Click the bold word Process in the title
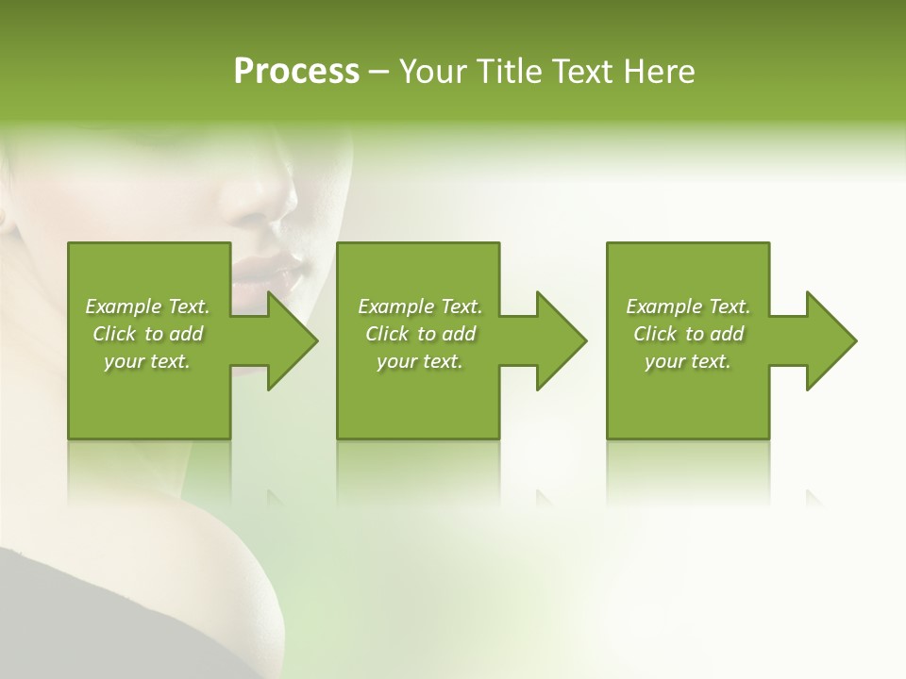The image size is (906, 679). click(296, 72)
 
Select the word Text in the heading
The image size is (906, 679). click(580, 72)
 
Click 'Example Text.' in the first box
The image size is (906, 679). click(147, 306)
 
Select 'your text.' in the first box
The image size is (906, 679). click(147, 361)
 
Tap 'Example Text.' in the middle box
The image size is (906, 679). click(420, 306)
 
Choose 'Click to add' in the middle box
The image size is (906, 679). click(420, 334)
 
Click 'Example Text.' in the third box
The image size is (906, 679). click(688, 306)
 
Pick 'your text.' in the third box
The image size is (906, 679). click(688, 361)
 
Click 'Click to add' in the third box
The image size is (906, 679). click(688, 334)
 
